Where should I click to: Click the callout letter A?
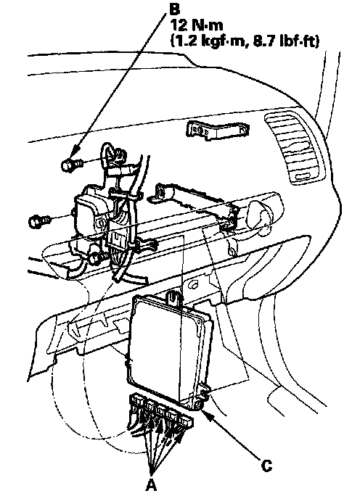[152, 484]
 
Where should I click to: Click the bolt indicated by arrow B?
[71, 165]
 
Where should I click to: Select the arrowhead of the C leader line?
[206, 414]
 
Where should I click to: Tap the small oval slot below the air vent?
[305, 177]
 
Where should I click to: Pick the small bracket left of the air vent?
[218, 130]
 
